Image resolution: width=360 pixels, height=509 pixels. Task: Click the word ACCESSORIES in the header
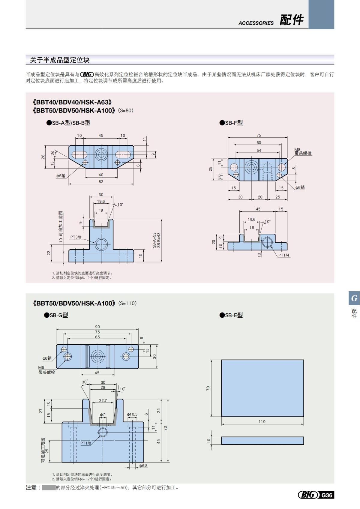(256, 23)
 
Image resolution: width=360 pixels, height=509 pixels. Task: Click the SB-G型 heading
(56, 315)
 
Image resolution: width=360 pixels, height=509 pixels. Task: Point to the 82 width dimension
(101, 181)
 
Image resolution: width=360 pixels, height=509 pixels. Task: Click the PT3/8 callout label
(76, 237)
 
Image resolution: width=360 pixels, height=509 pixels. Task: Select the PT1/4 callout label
(284, 255)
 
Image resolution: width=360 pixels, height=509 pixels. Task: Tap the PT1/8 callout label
(85, 443)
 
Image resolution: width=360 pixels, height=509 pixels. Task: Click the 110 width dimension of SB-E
(262, 421)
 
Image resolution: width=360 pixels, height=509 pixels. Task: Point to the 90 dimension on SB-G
(97, 327)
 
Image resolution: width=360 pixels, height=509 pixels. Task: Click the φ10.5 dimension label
(132, 415)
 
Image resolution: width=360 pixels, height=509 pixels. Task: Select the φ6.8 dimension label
(143, 466)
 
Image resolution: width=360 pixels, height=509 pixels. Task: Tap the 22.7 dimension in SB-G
(103, 400)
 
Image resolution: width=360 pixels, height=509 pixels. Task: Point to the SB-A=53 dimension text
(154, 240)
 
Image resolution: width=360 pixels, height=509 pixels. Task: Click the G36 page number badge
(327, 495)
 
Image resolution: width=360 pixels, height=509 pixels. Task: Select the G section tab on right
(354, 298)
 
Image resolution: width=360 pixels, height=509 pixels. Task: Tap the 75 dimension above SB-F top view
(259, 135)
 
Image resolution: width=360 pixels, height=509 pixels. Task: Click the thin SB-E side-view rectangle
(262, 440)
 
